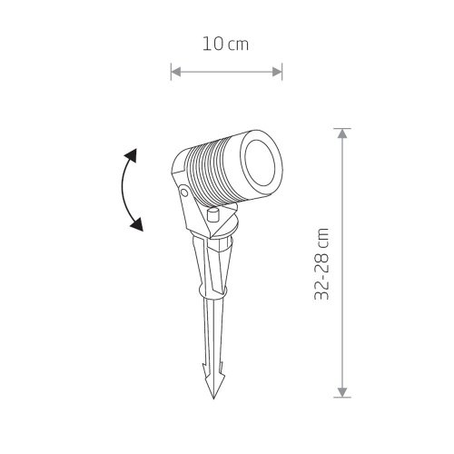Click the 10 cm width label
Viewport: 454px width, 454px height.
point(225,44)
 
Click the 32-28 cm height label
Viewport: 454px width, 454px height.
point(321,263)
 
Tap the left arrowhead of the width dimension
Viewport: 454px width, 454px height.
point(176,72)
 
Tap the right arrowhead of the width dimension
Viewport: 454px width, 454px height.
point(277,72)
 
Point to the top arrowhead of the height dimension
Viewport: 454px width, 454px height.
point(342,133)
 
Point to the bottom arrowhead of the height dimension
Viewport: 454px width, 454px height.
point(342,392)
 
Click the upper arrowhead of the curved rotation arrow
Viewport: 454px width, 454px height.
point(132,155)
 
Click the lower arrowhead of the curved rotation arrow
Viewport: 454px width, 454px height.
point(137,224)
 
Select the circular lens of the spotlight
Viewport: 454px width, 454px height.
point(262,165)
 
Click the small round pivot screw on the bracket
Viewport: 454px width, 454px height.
point(183,192)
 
